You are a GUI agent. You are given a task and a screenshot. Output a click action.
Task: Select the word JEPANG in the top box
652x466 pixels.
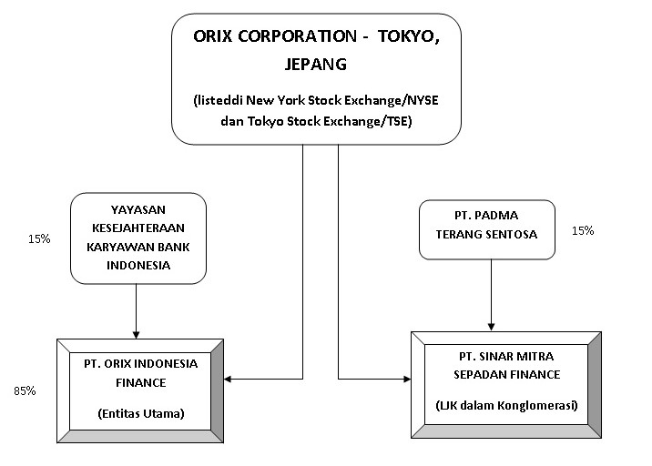pos(315,66)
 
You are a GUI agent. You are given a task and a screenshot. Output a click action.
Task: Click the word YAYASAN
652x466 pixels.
pos(135,208)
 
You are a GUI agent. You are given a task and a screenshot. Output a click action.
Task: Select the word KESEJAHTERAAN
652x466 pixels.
pos(136,228)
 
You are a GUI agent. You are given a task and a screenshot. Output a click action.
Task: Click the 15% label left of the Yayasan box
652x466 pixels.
pos(39,239)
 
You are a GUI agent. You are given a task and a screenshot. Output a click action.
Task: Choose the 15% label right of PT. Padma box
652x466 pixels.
pos(582,231)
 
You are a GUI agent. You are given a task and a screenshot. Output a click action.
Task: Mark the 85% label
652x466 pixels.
pos(25,390)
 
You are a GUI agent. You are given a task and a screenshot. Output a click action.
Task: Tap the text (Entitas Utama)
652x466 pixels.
pos(140,414)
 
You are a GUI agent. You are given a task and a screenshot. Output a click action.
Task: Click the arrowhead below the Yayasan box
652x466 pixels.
pos(136,332)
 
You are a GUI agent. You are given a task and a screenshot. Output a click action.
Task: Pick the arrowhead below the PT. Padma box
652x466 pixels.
pos(492,325)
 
